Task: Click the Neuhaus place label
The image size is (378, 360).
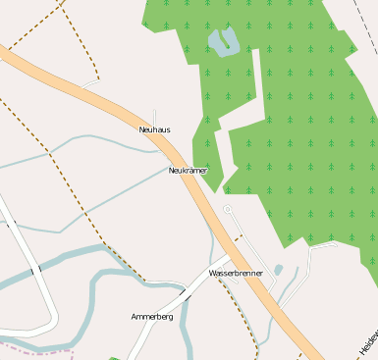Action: [155, 129]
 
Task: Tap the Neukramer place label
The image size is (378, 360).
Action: [188, 171]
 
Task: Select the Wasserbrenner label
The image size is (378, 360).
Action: [236, 273]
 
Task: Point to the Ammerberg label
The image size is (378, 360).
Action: [151, 317]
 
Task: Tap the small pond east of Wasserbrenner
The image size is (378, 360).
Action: [279, 270]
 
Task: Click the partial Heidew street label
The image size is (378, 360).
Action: [368, 342]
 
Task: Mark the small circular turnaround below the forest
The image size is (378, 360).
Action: [228, 209]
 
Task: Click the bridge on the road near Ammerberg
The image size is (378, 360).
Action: [184, 292]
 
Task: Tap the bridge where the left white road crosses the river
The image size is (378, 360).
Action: [35, 271]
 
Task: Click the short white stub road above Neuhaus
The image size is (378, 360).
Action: [154, 116]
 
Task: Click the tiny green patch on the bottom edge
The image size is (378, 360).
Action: [115, 357]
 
